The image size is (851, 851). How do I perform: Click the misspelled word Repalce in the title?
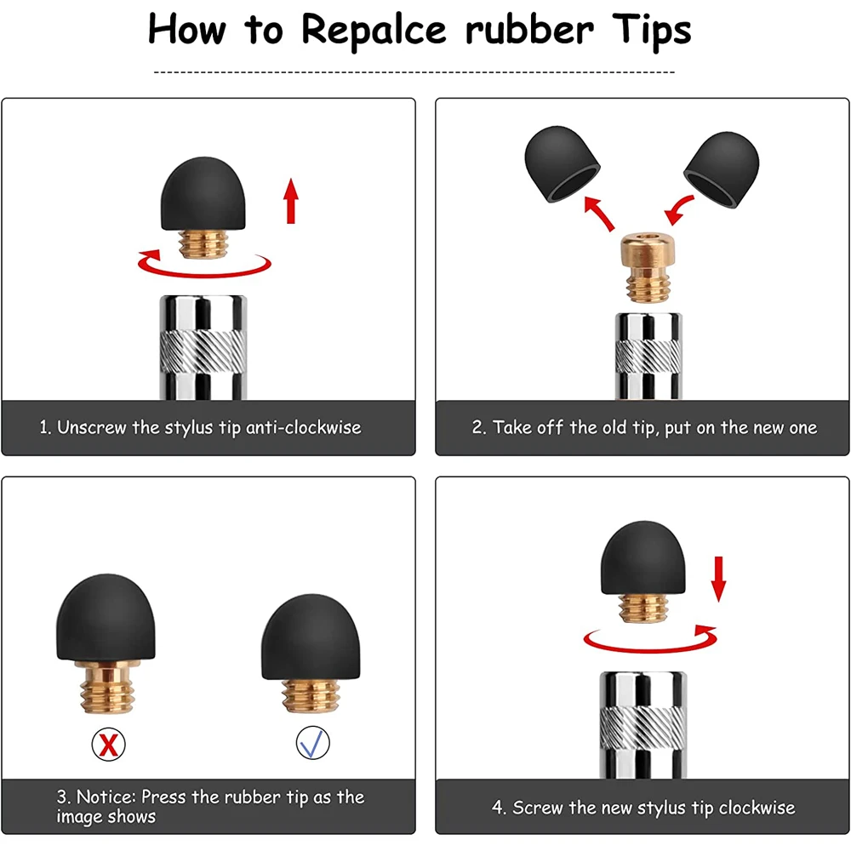[374, 31]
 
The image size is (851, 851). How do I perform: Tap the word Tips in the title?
[651, 30]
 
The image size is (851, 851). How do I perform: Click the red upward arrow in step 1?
[291, 201]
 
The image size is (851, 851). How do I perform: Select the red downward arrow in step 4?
[718, 579]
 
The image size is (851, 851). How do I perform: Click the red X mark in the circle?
[109, 745]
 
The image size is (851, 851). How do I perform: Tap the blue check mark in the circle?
[312, 744]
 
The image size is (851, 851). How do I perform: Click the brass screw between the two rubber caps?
[648, 267]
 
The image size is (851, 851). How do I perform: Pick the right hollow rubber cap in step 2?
[722, 168]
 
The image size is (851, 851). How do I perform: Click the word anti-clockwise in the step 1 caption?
[304, 428]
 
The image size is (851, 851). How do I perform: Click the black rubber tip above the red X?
[106, 618]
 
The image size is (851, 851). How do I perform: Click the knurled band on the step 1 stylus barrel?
[203, 351]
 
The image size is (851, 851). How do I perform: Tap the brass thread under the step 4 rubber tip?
[643, 608]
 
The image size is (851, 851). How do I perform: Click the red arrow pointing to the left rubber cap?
[599, 214]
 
